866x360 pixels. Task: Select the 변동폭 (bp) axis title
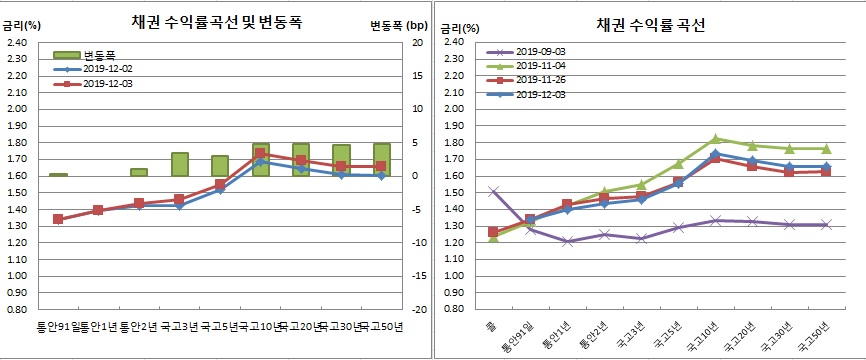tap(392, 23)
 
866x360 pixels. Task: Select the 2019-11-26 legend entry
tap(534, 80)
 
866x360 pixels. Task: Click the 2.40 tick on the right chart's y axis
tap(452, 43)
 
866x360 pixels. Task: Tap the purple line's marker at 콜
tap(493, 190)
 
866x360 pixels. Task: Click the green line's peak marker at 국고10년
tap(714, 139)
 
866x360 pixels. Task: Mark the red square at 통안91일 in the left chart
tap(58, 219)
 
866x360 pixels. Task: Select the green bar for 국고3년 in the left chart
tap(180, 164)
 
